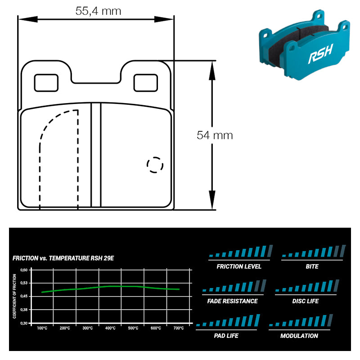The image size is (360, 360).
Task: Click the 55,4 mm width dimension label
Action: pyautogui.click(x=98, y=11)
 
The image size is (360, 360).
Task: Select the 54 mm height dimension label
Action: pyautogui.click(x=215, y=135)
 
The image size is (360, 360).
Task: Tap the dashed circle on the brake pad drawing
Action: pyautogui.click(x=155, y=165)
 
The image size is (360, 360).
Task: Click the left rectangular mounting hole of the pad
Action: pyautogui.click(x=46, y=83)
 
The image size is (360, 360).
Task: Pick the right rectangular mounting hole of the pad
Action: pyautogui.click(x=145, y=83)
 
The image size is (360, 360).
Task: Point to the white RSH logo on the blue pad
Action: pyautogui.click(x=320, y=54)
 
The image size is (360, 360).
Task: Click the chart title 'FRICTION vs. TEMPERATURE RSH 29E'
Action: pyautogui.click(x=63, y=258)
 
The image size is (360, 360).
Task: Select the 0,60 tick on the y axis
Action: pyautogui.click(x=24, y=270)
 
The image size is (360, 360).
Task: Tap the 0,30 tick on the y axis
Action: pyautogui.click(x=24, y=323)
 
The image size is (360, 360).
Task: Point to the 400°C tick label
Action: pyautogui.click(x=110, y=328)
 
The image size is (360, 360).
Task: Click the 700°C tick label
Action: pyautogui.click(x=178, y=328)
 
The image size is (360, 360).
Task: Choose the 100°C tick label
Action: pyautogui.click(x=42, y=328)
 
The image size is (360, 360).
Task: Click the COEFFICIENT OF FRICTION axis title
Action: pyautogui.click(x=14, y=296)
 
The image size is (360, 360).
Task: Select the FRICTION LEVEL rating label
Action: pyautogui.click(x=239, y=266)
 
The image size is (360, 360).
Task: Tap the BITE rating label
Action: pyautogui.click(x=312, y=266)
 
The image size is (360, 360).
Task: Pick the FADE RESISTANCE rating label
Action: pyautogui.click(x=232, y=301)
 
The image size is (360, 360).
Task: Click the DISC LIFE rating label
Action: pyautogui.click(x=306, y=301)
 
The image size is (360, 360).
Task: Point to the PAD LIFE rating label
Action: pyautogui.click(x=226, y=336)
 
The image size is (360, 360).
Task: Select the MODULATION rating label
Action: pyautogui.click(x=299, y=336)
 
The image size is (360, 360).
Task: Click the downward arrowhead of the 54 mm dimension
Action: pyautogui.click(x=212, y=200)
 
